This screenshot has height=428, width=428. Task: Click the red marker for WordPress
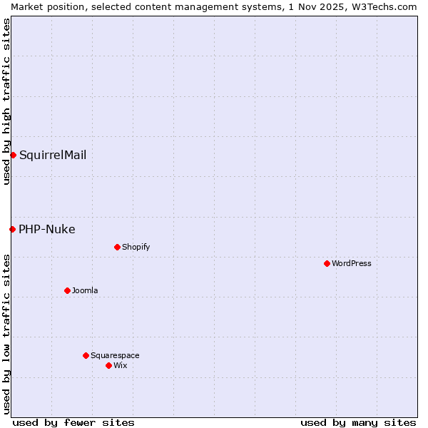coord(327,263)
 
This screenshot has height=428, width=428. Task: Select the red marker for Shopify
coord(117,247)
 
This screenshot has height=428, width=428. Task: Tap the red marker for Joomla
coord(67,290)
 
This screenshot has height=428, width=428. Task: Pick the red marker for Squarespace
coord(86,355)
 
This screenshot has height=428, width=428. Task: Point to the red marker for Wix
coord(108,365)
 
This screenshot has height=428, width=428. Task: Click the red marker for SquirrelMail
coord(13,155)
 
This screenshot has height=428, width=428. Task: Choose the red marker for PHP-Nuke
coord(12,229)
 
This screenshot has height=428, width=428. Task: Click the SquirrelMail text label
coord(53,155)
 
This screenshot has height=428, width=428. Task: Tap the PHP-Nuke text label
coord(47,229)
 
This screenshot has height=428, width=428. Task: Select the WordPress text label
coord(352,263)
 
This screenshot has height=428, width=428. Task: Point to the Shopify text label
coord(136,247)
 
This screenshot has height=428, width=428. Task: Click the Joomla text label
coord(85,290)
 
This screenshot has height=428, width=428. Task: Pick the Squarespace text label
coord(115,355)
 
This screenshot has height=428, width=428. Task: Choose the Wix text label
coord(120,365)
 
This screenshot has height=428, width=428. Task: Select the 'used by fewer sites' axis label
coord(73,422)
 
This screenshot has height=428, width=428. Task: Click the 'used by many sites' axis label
coord(358,422)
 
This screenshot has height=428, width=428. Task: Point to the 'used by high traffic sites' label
coord(6,101)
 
